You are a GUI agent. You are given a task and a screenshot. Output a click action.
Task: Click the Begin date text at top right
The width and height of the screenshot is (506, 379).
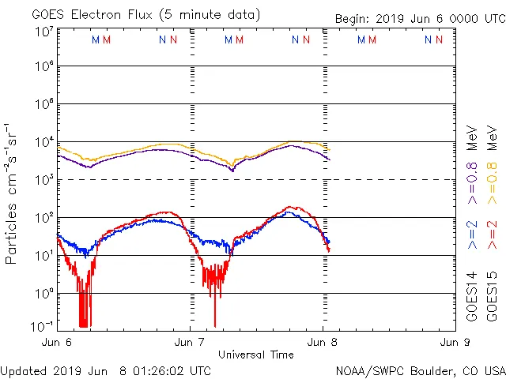pyautogui.click(x=419, y=19)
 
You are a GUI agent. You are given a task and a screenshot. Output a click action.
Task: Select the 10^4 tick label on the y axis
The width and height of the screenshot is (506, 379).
pyautogui.click(x=44, y=142)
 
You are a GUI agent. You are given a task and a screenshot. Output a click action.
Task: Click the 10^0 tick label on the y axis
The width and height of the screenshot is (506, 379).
pyautogui.click(x=44, y=294)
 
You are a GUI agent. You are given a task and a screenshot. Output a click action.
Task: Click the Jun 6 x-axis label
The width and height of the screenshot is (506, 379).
pyautogui.click(x=57, y=343)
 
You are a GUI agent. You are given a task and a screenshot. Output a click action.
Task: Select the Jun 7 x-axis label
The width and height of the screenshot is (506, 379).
pyautogui.click(x=191, y=343)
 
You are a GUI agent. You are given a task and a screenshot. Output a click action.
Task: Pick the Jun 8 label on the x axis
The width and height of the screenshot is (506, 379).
pyautogui.click(x=323, y=343)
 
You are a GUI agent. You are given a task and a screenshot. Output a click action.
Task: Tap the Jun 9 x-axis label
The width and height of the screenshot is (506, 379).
pyautogui.click(x=455, y=343)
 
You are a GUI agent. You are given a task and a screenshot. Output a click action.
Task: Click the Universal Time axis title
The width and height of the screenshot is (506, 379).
pyautogui.click(x=255, y=355)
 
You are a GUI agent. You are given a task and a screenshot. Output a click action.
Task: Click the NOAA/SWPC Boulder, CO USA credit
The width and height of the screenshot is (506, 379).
pyautogui.click(x=420, y=370)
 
